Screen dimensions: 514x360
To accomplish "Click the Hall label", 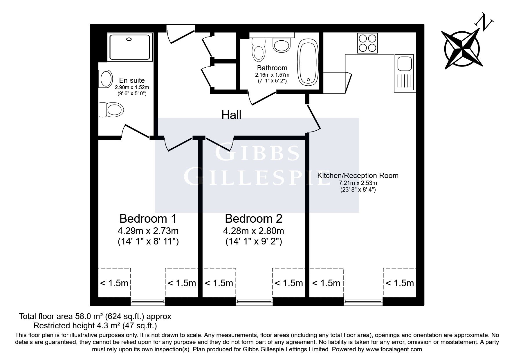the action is click(231, 115).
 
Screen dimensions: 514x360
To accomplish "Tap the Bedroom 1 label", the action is click(148, 218).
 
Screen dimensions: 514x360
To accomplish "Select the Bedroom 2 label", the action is click(254, 218).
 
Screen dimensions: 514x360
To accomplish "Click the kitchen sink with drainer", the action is click(405, 73).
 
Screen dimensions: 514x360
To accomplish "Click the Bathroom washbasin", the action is click(282, 45).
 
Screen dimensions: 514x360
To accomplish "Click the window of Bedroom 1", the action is click(148, 301).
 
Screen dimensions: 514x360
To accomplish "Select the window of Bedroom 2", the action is click(254, 301).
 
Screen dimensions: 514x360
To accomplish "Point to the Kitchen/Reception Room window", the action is click(363, 301).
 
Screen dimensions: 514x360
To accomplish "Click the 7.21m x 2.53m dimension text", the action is click(358, 183).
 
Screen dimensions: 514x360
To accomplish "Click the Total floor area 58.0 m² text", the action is click(95, 316).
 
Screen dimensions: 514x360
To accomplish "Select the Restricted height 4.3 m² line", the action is click(95, 325).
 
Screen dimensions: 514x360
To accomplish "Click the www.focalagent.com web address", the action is click(394, 350).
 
